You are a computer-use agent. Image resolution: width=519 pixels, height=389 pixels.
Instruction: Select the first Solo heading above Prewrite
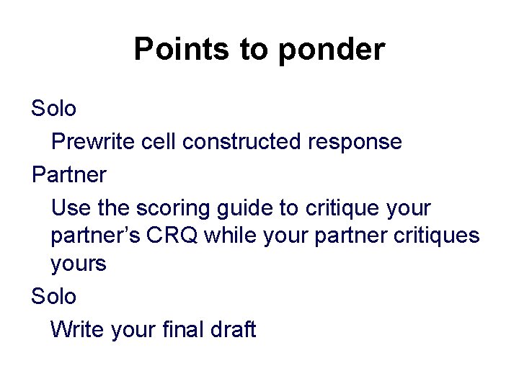pyautogui.click(x=53, y=108)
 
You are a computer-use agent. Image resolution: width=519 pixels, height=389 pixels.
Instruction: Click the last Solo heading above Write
pyautogui.click(x=53, y=296)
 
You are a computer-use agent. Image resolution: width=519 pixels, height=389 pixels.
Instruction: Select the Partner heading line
pyautogui.click(x=69, y=175)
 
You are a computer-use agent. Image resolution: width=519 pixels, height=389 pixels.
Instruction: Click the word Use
pyautogui.click(x=69, y=208)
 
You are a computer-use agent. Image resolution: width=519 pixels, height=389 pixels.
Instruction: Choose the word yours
pyautogui.click(x=79, y=264)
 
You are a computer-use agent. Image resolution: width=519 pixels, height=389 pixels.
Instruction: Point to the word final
pyautogui.click(x=190, y=329)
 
